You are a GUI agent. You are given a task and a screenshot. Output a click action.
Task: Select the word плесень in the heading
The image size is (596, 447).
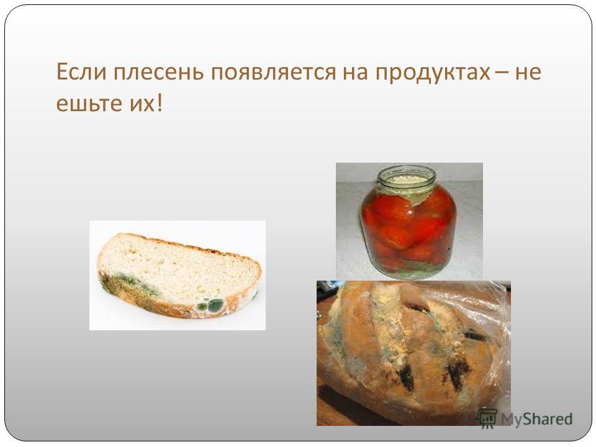pos(159,72)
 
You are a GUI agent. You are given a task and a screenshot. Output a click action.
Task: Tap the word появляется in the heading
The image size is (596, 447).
pos(274,73)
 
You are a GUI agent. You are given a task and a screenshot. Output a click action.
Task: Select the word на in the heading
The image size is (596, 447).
pos(355,73)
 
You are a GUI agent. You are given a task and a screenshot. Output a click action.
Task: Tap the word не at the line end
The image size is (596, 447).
pos(528,73)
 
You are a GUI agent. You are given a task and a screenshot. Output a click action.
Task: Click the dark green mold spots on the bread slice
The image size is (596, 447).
pos(210,305)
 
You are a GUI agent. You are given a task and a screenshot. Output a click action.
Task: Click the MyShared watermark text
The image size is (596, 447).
pos(536,419)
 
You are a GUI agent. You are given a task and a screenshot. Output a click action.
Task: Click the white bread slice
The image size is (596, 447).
pos(179,275)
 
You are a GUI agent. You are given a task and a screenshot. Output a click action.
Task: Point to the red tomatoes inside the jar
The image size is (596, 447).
pos(407,227)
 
